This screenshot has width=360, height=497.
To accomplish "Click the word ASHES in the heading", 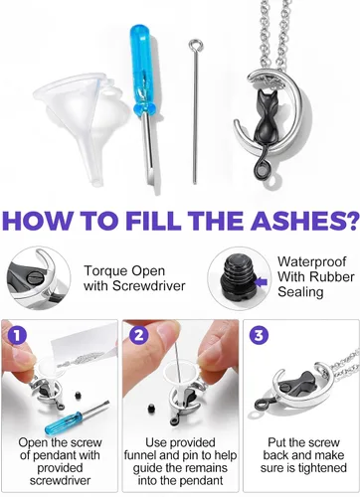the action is [300, 220].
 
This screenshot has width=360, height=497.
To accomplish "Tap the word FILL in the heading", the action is [153, 220].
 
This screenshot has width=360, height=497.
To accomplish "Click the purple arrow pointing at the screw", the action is [263, 282].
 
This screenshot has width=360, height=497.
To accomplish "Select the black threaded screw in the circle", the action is [238, 279].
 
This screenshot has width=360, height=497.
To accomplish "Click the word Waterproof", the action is [311, 261].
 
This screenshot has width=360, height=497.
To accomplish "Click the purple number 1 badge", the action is [17, 335].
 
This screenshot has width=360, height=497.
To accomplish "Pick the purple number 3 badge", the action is [259, 335].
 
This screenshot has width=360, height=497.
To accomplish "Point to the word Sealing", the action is [300, 292].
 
